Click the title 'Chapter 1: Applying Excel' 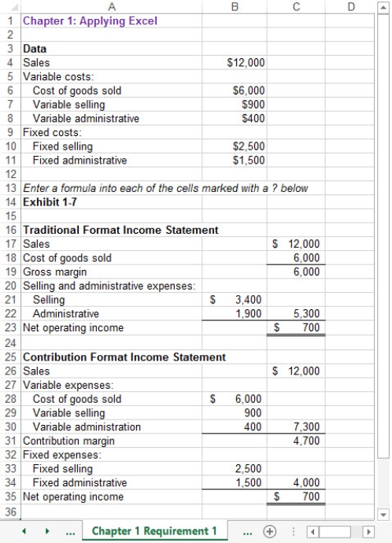[x=80, y=20]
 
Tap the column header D [x=350, y=6]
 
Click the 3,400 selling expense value [x=249, y=300]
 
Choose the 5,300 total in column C [x=304, y=314]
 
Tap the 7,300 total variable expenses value [x=304, y=427]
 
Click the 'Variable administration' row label [x=87, y=427]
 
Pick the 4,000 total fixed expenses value [x=304, y=482]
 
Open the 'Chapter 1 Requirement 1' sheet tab [x=153, y=531]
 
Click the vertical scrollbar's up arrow [x=383, y=7]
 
